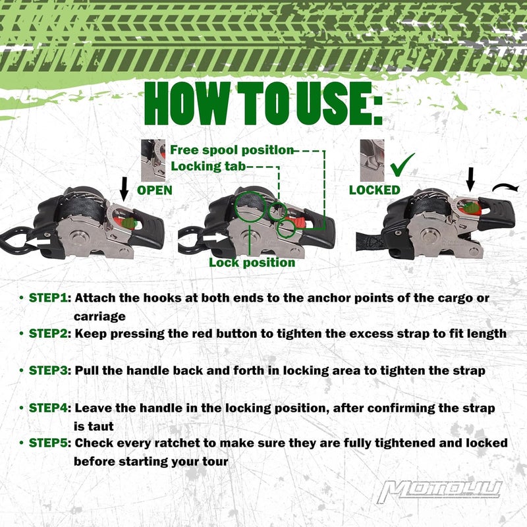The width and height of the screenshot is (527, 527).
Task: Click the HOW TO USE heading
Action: point(263,103)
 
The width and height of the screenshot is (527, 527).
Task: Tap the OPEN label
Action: point(155,190)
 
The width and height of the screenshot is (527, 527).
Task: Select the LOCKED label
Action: point(375,190)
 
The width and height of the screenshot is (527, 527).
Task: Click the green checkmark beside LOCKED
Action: point(402,165)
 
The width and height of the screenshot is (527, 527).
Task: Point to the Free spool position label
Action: point(232,150)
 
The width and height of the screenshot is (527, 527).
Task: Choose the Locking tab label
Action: point(208,166)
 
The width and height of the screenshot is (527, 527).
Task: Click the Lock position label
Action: point(252,262)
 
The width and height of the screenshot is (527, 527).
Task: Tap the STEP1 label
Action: point(48,298)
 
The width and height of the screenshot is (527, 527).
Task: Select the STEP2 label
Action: point(48,334)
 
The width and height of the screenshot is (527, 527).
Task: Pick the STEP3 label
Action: point(48,371)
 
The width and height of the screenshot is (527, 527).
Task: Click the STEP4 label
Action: point(48,408)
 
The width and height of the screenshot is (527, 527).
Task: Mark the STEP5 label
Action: point(48,443)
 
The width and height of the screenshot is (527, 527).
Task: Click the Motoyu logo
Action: point(439,492)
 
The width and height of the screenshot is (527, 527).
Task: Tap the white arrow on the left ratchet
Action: point(38,242)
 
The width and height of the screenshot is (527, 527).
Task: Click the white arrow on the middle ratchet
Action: point(215,238)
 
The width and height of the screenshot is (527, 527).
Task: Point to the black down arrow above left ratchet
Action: point(124,189)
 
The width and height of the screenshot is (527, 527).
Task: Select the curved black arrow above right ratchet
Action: point(505,188)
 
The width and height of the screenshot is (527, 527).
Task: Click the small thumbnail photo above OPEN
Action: point(153,161)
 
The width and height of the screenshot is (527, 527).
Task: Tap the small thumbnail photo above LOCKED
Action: point(372,161)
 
